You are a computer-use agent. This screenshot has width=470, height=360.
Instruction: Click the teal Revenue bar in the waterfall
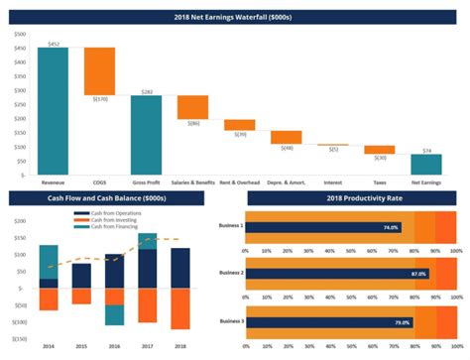(53, 110)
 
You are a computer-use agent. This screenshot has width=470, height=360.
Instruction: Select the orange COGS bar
(99, 70)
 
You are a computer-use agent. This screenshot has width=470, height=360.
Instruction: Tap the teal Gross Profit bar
(146, 134)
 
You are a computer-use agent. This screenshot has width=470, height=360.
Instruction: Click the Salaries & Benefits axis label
(192, 183)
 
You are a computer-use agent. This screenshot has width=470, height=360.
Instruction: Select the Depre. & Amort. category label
(286, 183)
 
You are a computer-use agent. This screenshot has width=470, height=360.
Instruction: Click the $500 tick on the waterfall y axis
(20, 35)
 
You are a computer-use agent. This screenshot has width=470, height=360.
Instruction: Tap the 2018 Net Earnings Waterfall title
(235, 17)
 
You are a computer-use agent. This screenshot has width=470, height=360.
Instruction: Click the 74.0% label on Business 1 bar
(391, 227)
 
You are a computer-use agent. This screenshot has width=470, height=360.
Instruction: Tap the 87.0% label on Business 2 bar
(417, 274)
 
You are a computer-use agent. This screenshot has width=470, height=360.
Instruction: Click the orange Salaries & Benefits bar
(192, 107)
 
